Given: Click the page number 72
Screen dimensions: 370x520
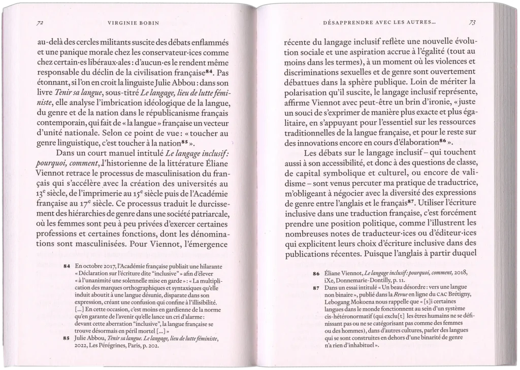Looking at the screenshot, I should tap(40, 23).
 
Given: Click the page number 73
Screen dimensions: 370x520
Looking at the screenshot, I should tap(472, 22).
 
